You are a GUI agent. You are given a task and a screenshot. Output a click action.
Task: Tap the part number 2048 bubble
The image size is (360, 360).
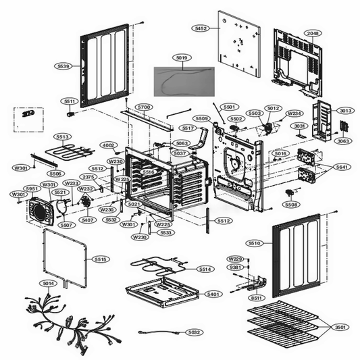312,33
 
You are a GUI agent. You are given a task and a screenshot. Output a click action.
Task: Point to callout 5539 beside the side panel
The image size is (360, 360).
63,66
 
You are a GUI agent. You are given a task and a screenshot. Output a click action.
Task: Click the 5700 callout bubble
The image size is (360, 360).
143,107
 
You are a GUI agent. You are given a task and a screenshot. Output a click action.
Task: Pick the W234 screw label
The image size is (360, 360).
294,113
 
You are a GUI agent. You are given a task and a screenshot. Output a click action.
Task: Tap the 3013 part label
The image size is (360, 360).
346,110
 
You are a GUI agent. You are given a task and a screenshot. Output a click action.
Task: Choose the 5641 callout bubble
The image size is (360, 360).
343,166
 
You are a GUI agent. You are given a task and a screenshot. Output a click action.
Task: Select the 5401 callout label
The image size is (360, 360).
213,294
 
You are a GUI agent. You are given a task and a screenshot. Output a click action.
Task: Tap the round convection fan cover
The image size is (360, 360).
40,211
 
